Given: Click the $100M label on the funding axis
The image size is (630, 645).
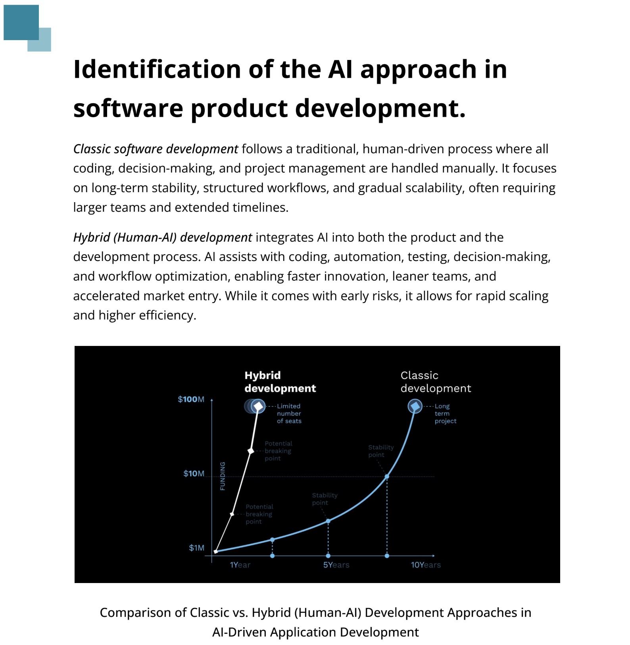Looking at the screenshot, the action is click(191, 399).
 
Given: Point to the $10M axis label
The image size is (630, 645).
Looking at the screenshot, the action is click(194, 473).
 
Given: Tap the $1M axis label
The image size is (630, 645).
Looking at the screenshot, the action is click(196, 548).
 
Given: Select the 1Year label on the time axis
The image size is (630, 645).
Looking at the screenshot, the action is click(240, 565).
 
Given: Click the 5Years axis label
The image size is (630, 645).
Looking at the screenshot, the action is click(336, 565).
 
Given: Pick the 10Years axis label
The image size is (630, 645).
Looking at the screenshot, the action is click(426, 565).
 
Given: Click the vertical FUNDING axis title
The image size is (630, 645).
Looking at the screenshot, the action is click(223, 476).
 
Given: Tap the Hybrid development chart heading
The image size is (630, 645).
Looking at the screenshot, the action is click(280, 382).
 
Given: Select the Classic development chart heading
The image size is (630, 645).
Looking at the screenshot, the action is click(436, 382).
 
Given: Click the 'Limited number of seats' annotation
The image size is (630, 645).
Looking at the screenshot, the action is click(289, 413).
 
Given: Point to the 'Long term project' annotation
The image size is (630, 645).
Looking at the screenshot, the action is click(445, 413).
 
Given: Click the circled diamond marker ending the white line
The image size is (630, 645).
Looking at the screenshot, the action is click(258, 406).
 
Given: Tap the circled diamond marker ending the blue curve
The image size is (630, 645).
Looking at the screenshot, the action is click(415, 406).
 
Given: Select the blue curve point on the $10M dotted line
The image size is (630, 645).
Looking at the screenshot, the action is click(387, 476).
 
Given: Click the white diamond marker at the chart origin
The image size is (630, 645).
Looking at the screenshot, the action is click(216, 551).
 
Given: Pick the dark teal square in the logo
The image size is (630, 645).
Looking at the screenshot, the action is click(21, 22).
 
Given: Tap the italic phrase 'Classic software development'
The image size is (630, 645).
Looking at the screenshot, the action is click(156, 149).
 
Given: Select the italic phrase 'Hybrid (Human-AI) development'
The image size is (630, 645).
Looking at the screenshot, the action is click(163, 238).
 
